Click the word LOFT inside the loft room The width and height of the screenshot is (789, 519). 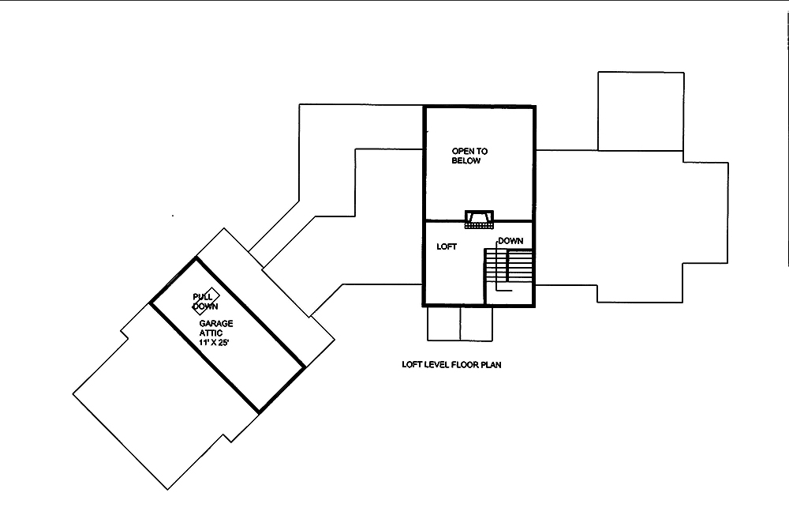coord(447,247)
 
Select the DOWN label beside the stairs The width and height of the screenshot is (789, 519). coord(510,241)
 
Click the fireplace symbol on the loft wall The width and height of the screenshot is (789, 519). coord(479,219)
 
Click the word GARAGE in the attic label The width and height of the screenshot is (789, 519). coord(215,324)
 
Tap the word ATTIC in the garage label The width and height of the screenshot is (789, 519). coord(211,333)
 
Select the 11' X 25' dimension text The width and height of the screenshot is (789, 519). coord(218,344)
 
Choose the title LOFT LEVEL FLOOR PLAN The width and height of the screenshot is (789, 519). coord(452,366)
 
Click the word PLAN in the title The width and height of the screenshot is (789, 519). coord(494,366)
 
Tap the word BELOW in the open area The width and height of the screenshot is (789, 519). coord(466,160)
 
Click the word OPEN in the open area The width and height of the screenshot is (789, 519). coord(462,150)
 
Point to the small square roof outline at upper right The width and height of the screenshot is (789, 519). coord(640,111)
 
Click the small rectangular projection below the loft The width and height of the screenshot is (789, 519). coord(460,323)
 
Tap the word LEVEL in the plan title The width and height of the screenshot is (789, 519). coord(436,366)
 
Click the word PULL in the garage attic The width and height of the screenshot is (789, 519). coord(203,296)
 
